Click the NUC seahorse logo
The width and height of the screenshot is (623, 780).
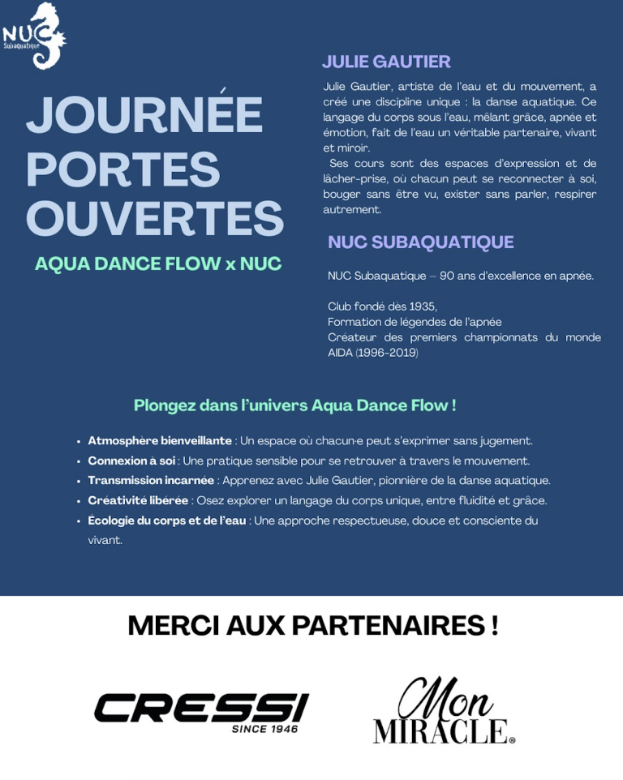34,36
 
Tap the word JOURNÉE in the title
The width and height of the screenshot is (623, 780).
144,115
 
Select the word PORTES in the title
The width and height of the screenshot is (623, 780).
123,169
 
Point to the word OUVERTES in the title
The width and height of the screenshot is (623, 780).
154,218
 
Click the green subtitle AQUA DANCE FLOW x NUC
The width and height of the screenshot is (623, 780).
158,264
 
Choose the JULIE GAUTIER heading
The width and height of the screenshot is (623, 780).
386,62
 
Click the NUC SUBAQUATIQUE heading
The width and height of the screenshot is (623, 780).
420,242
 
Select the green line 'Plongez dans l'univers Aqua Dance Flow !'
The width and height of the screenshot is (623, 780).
294,405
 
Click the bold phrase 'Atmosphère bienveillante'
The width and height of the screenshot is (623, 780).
160,441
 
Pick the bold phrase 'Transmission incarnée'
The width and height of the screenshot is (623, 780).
151,481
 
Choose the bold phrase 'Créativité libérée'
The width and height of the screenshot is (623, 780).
138,501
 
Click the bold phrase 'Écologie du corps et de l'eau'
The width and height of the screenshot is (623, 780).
166,521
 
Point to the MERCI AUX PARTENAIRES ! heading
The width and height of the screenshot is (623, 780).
312,626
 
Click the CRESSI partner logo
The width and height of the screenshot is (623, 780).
201,707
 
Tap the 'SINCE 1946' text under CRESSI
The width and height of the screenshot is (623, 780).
264,729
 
